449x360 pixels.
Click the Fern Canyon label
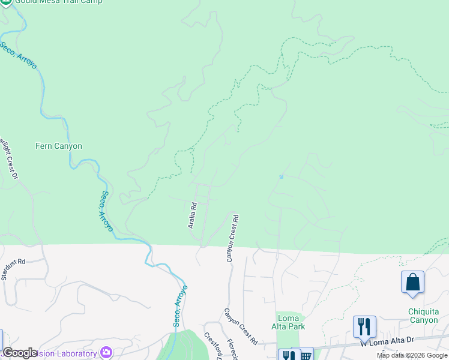(x=59, y=146)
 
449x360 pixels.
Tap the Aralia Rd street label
(x=193, y=215)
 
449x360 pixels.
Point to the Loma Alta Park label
(x=291, y=322)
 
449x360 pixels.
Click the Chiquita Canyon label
(x=423, y=316)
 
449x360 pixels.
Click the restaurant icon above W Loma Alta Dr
(x=364, y=327)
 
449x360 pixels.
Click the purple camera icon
(x=106, y=352)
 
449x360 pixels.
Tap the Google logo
(x=20, y=353)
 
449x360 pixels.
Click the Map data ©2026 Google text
(x=412, y=355)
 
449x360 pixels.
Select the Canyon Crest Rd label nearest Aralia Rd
(x=232, y=238)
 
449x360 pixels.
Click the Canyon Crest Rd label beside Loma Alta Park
(x=241, y=326)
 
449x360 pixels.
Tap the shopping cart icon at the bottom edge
(x=306, y=355)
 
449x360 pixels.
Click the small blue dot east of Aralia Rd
(x=281, y=176)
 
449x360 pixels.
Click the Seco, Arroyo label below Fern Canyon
(x=105, y=211)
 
